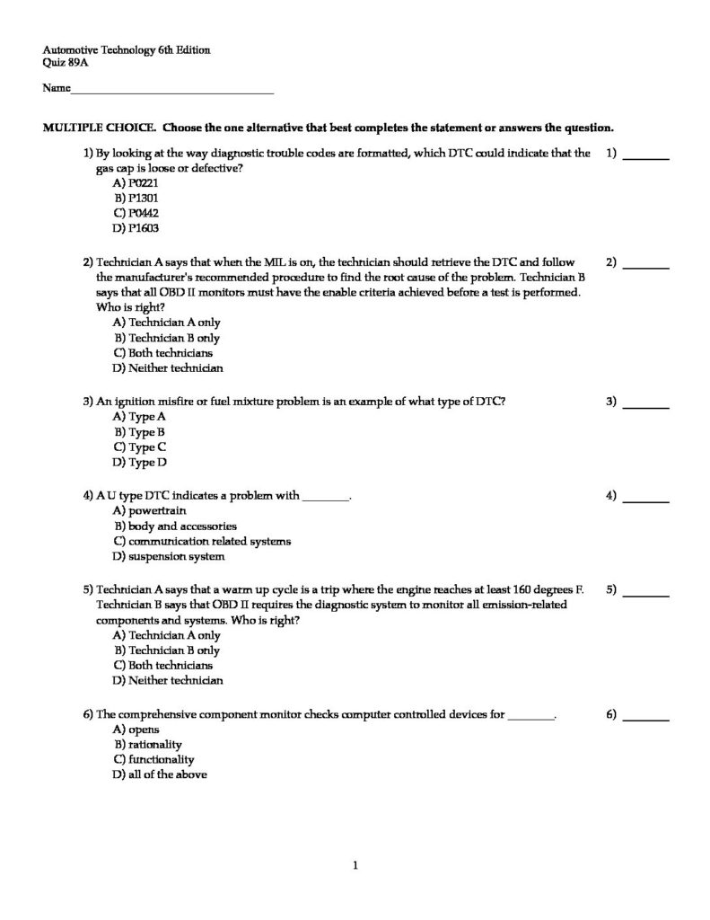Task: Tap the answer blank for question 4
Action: [645, 500]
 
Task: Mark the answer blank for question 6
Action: [645, 719]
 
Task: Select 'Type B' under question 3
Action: [139, 432]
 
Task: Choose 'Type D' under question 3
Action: [139, 463]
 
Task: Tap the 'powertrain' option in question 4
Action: [148, 510]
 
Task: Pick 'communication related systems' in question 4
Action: [201, 541]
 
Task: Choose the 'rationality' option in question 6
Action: [147, 744]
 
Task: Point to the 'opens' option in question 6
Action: [136, 730]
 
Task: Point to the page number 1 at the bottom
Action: [355, 866]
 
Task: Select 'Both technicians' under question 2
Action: [162, 353]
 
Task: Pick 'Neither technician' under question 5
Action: [167, 681]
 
